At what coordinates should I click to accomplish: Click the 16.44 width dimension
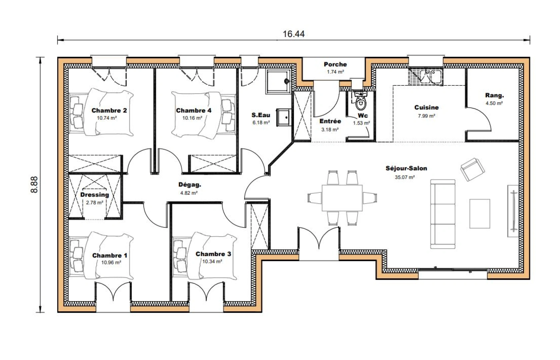click(x=293, y=34)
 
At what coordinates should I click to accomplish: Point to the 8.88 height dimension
click(x=34, y=185)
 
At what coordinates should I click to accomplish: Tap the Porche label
click(x=335, y=64)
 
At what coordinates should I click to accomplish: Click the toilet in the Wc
click(x=361, y=101)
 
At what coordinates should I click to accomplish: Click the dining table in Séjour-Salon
click(x=342, y=198)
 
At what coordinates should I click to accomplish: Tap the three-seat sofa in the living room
click(x=443, y=214)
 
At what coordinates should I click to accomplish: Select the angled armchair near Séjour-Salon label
click(x=473, y=169)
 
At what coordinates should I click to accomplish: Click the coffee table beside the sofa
click(x=479, y=214)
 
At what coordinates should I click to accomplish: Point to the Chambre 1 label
click(x=109, y=255)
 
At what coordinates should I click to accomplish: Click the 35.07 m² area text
click(x=405, y=177)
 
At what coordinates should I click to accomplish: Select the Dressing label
click(x=95, y=195)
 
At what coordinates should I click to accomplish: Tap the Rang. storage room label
click(x=495, y=95)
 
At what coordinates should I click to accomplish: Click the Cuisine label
click(x=427, y=107)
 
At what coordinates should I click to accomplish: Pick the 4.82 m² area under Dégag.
click(x=189, y=193)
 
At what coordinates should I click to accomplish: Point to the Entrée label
click(x=330, y=121)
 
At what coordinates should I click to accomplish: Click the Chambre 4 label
click(x=193, y=110)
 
